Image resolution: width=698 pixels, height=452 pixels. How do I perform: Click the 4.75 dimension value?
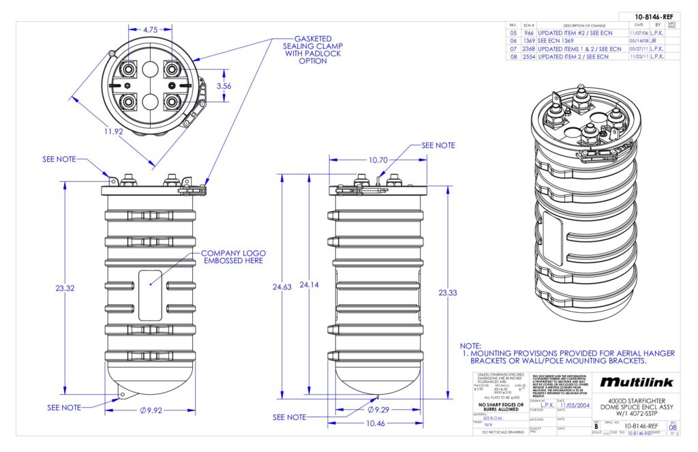[x=151, y=30]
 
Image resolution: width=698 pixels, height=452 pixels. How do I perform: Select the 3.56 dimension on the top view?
[x=223, y=87]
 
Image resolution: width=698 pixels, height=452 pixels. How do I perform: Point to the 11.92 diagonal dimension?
[x=113, y=132]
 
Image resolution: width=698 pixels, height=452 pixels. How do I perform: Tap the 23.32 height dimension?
[x=65, y=288]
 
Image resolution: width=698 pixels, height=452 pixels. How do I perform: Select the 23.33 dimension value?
[x=448, y=292]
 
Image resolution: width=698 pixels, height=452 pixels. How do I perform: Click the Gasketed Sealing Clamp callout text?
[x=313, y=50]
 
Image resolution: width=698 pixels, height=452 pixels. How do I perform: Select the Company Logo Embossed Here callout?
[x=232, y=257]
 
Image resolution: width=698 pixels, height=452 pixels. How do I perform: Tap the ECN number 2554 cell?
[x=529, y=57]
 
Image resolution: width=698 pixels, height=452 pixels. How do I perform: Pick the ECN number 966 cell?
[x=529, y=32]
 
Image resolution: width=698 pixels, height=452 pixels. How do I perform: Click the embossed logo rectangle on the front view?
[x=150, y=295]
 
